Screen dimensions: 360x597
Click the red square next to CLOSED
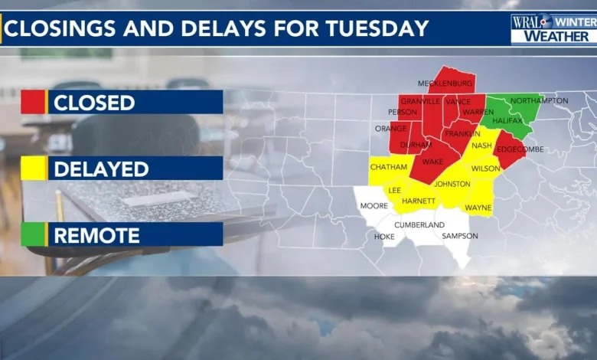[x=33, y=102]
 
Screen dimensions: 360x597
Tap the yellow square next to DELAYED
[x=33, y=168]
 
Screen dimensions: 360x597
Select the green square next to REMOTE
[x=33, y=234]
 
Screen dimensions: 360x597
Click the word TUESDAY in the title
[x=374, y=28]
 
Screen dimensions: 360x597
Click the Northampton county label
[x=539, y=100]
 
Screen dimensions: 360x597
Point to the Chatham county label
[x=389, y=167]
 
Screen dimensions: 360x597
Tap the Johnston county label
[x=452, y=184]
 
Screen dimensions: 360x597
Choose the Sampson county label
[x=460, y=236]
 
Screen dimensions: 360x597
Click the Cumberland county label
[x=419, y=224]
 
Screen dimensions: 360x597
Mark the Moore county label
[x=374, y=206]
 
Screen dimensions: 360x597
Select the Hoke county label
[x=384, y=237]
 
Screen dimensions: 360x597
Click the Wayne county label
[x=478, y=207]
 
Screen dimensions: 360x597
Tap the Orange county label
[x=390, y=128]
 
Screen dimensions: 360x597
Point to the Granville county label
[x=419, y=100]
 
